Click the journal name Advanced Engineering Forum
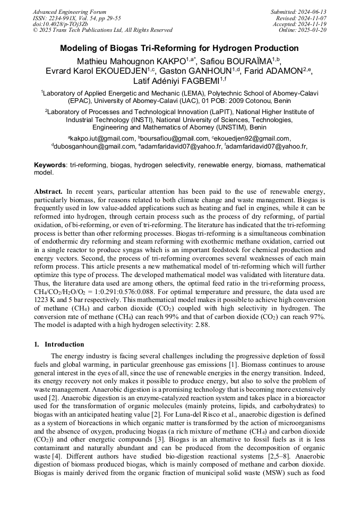click(x=69, y=12)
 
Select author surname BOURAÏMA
click(x=245, y=61)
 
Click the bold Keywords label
click(x=50, y=165)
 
